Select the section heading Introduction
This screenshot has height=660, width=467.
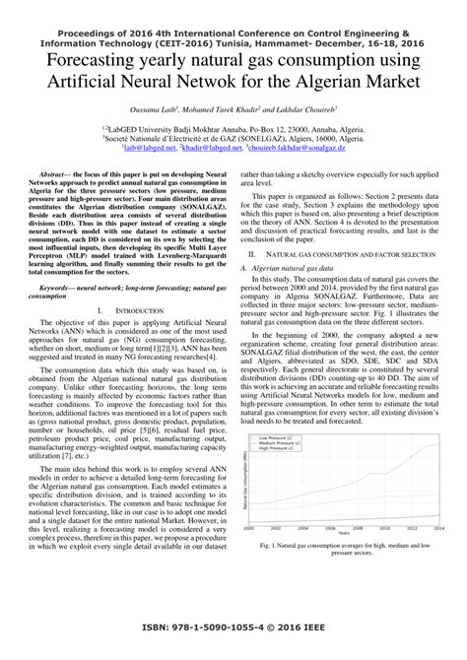(x=134, y=309)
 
